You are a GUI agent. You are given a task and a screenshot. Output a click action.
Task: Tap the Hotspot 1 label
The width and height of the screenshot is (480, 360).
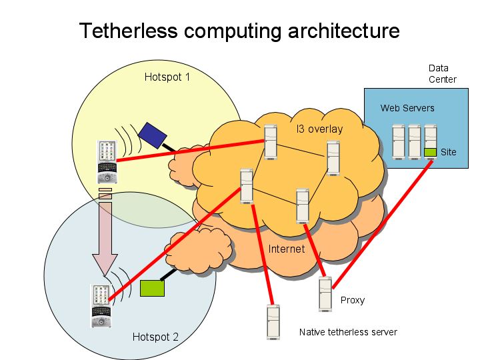click(167, 77)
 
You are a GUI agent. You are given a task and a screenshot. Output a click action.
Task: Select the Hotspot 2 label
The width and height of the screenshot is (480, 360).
click(155, 337)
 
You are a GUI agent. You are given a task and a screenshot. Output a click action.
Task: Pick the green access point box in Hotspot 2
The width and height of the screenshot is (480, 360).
click(152, 287)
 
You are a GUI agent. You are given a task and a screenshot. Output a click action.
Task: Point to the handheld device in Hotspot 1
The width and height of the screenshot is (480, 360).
click(107, 161)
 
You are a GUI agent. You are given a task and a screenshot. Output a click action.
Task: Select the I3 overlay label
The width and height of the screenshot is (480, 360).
click(319, 129)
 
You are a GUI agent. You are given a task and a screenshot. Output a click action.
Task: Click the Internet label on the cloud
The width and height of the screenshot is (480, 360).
click(286, 249)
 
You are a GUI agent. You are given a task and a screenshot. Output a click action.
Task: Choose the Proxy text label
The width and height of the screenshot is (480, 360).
click(353, 300)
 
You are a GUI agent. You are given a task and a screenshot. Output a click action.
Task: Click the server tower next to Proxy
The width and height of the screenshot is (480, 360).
click(325, 294)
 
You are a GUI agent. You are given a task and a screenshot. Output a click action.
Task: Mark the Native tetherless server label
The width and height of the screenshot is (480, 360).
click(348, 332)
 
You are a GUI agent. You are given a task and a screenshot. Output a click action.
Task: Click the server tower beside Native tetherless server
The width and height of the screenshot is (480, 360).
click(273, 322)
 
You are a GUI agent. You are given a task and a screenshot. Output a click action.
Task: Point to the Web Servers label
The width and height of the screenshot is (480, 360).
click(407, 107)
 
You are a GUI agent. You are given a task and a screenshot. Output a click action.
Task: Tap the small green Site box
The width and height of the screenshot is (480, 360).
click(430, 152)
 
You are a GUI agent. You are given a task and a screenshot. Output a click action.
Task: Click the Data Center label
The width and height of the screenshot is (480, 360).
click(442, 73)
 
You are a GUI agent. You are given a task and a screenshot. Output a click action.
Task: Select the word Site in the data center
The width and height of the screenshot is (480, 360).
click(449, 152)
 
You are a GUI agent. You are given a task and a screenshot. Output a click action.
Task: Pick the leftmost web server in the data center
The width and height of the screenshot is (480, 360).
click(399, 141)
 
